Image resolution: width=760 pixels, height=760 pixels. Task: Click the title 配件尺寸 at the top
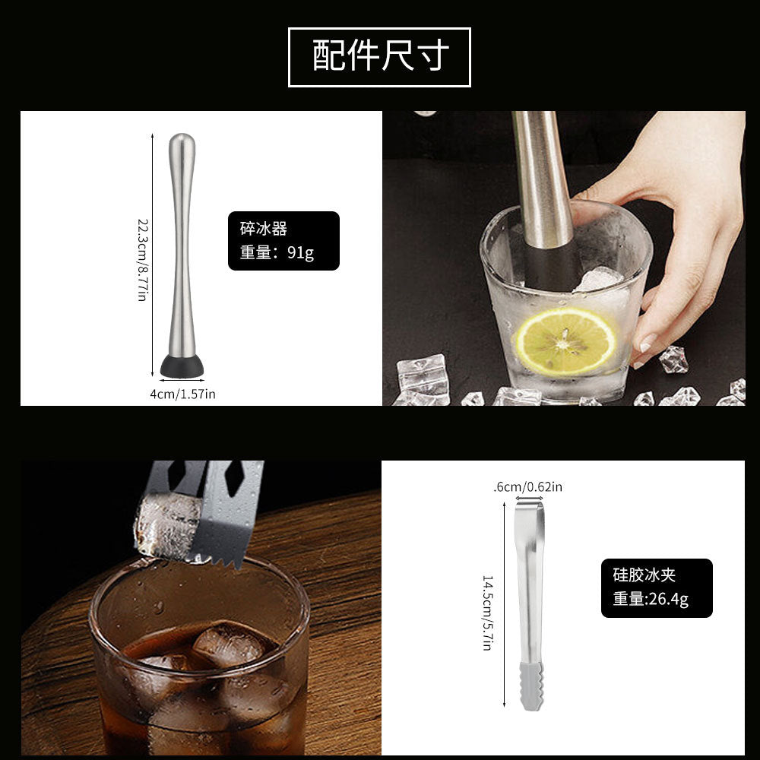[380, 57]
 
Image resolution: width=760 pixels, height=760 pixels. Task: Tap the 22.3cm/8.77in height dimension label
[142, 259]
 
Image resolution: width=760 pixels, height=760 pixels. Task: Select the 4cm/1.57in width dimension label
[182, 394]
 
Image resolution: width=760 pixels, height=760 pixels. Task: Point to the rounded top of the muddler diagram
[182, 144]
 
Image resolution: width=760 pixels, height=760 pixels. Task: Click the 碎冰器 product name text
[263, 228]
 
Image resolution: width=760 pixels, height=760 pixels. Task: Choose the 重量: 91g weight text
[277, 252]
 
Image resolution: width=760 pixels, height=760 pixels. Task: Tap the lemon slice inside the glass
[566, 340]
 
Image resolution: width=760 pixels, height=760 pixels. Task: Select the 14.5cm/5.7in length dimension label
[488, 612]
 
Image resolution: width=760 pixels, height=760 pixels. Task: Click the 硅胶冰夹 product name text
[644, 575]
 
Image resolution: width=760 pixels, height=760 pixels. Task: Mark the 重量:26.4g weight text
[651, 599]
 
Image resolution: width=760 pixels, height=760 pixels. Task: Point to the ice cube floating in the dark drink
[228, 646]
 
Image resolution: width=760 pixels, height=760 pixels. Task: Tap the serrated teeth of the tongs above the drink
[220, 559]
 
